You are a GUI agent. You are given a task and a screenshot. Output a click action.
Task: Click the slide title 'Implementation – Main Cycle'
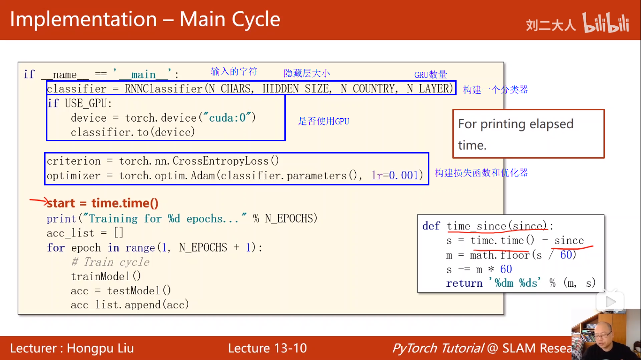coord(145,20)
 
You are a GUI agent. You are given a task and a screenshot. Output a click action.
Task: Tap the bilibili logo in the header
coord(605,23)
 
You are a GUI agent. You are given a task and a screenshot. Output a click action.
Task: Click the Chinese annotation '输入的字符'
coord(234,71)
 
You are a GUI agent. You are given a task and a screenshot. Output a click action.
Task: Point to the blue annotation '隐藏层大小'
coord(307,73)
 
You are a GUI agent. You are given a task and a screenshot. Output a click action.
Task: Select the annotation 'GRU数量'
coord(430,75)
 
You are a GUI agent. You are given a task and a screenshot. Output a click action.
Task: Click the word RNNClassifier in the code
coord(164,88)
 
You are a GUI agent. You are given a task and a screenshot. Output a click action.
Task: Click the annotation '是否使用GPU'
coord(324,121)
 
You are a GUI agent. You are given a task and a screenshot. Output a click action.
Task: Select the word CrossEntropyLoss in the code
coord(221,161)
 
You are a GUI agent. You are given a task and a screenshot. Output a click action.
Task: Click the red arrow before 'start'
coord(38,202)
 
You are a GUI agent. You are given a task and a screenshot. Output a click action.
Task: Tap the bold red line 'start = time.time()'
coord(103,203)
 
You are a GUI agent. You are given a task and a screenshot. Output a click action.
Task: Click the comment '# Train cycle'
coord(110,262)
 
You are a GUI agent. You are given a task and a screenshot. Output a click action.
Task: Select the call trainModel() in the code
coord(106,276)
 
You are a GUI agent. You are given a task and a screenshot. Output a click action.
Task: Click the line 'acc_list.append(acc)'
coord(130,305)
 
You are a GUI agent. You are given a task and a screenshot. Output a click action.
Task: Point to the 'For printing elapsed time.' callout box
coord(528,134)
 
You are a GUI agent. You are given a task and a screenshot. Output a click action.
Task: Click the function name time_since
coord(476,226)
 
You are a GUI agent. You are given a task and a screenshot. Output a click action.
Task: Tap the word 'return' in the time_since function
coord(464,283)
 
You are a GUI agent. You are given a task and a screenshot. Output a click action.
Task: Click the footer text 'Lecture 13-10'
coord(267,348)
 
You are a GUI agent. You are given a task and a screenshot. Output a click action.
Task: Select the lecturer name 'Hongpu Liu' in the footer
coord(100,348)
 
